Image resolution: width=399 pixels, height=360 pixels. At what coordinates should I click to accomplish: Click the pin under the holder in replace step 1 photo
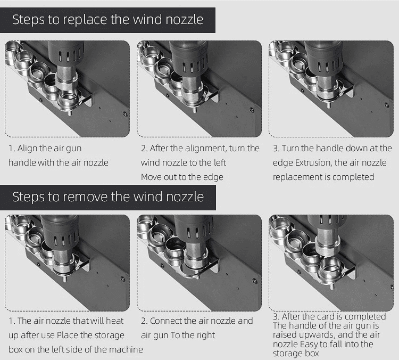69,112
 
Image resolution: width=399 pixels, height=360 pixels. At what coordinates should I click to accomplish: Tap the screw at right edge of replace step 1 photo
125,114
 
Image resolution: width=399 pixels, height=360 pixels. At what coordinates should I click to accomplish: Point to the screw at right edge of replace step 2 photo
252,110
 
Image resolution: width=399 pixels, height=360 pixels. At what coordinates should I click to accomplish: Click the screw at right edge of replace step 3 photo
387,105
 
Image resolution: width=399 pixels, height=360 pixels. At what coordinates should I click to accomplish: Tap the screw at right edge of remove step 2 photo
254,281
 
